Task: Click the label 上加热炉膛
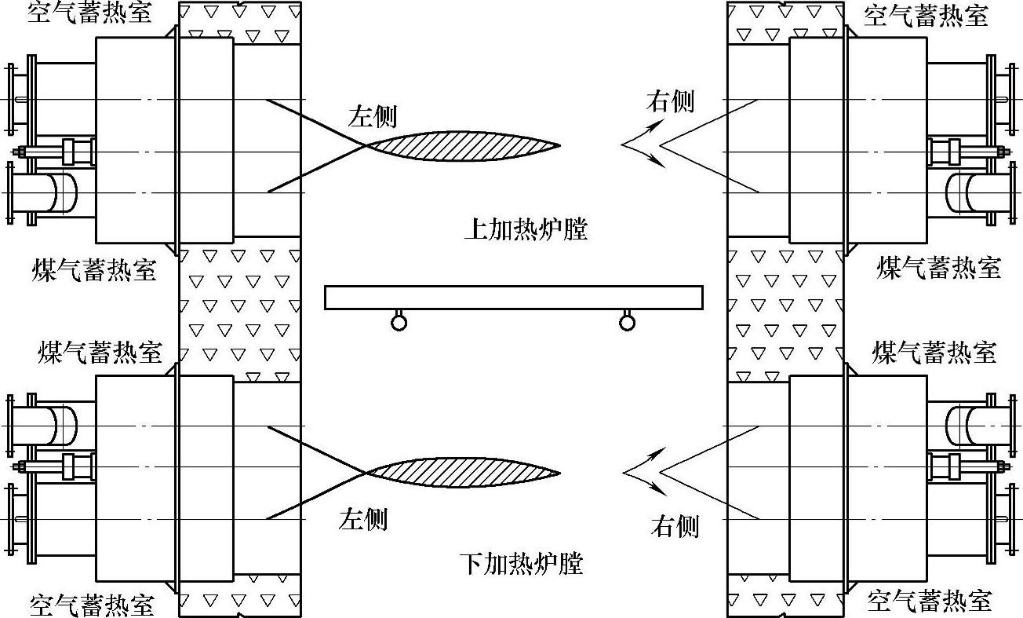pos(525,229)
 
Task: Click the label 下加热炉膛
pos(521,563)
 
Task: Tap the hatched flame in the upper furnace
pos(463,146)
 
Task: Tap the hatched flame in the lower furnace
pos(463,473)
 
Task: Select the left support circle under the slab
pos(399,321)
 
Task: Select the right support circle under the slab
pos(626,321)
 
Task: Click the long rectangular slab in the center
pos(513,298)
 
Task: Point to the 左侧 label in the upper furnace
pos(373,117)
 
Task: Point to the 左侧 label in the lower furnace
pos(362,519)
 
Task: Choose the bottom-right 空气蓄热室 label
pos(929,601)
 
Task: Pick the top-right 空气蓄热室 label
pos(925,15)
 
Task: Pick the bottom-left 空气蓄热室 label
pos(92,605)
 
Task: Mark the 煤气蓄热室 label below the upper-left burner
pos(94,269)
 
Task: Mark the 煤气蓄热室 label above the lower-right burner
pos(934,352)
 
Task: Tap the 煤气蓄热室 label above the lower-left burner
pos(100,353)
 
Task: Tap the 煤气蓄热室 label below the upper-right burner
pos(938,268)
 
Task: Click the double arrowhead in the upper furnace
pos(642,146)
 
